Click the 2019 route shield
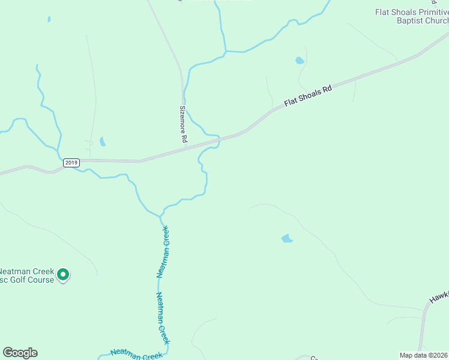pyautogui.click(x=71, y=163)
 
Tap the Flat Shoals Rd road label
pyautogui.click(x=308, y=95)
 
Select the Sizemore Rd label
pyautogui.click(x=184, y=124)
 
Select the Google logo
pyautogui.click(x=20, y=353)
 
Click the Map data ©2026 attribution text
pyautogui.click(x=423, y=355)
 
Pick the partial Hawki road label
pyautogui.click(x=439, y=299)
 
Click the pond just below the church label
pyautogui.click(x=299, y=61)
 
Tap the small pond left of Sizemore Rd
pyautogui.click(x=103, y=142)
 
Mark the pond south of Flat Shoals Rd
pyautogui.click(x=287, y=239)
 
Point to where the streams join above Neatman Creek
pyautogui.click(x=161, y=215)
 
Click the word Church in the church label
pyautogui.click(x=436, y=20)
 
